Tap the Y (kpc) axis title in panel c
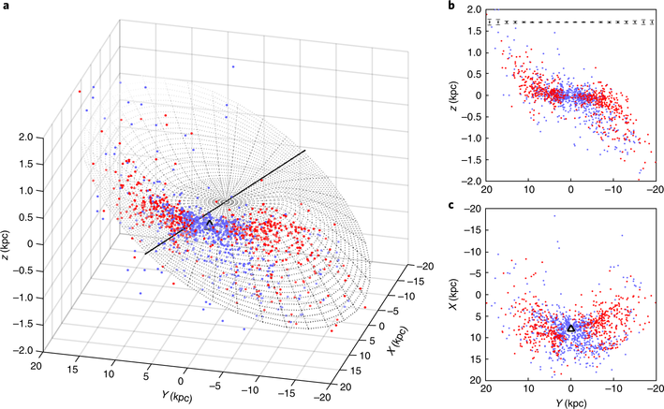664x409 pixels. coord(570,402)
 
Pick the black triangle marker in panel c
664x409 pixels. coord(570,328)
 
